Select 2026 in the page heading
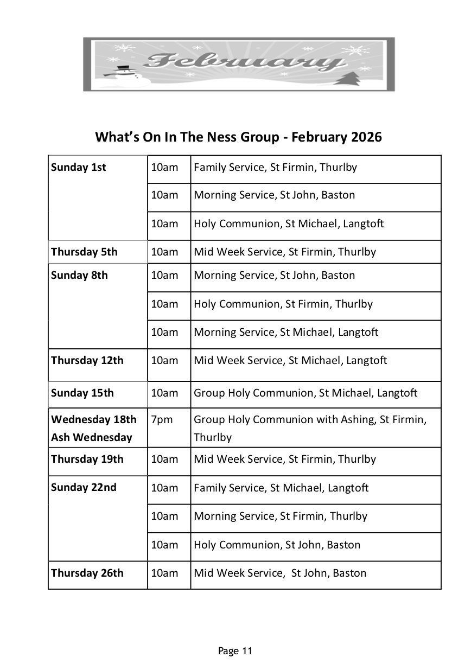[x=366, y=137]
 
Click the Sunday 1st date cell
[x=79, y=167]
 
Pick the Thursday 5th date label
[x=84, y=252]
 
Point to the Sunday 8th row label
[x=79, y=275]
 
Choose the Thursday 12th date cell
[x=87, y=360]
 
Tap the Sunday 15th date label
[x=82, y=393]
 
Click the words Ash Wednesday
[x=92, y=437]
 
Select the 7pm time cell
[x=159, y=419]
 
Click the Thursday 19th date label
[x=87, y=459]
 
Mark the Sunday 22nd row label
[x=84, y=487]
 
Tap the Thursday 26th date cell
[x=87, y=573]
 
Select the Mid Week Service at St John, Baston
[x=280, y=573]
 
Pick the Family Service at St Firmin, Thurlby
[x=275, y=167]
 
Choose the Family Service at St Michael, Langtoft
[x=281, y=488]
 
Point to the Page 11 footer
[x=235, y=650]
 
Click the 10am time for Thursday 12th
[x=164, y=360]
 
